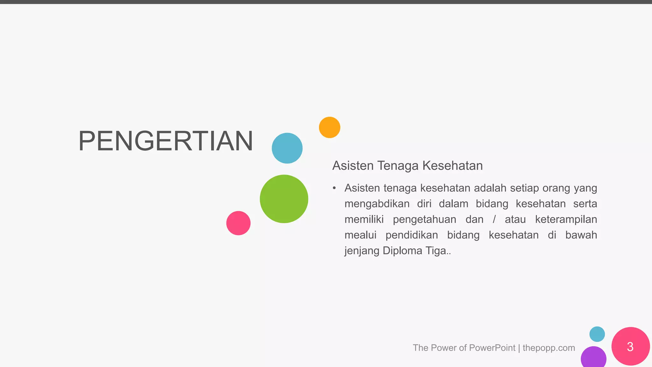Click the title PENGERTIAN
coord(166,141)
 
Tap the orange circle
coord(330,127)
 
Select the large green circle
coord(284,199)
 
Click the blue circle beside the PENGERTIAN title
coord(287,148)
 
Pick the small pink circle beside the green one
coord(238,223)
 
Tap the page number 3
coord(630,347)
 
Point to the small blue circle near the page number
coord(597,334)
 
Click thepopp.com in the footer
coord(549,348)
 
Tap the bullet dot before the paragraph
coord(334,188)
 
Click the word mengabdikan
coord(377,204)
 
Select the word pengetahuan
coord(424,219)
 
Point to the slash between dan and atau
coord(494,219)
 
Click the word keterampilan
coord(566,219)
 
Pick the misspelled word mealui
coord(360,235)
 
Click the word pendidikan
coord(412,235)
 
